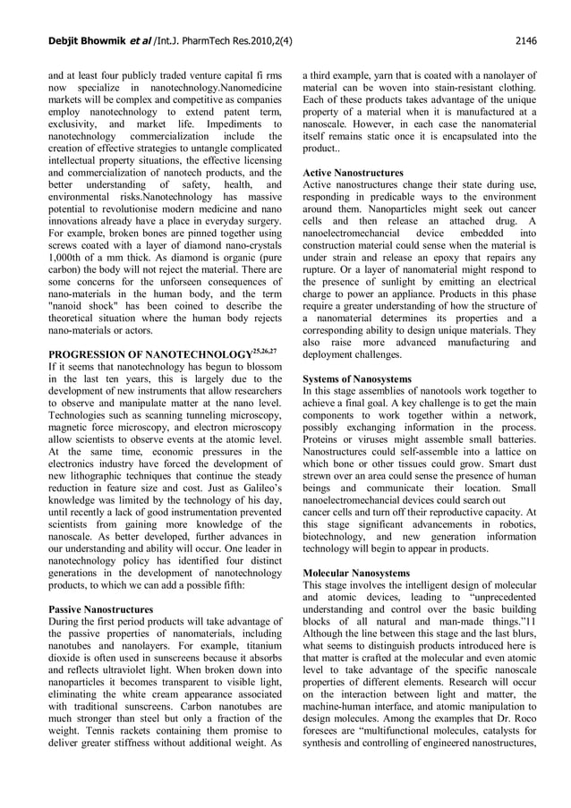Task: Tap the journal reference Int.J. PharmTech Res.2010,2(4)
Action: pos(192,39)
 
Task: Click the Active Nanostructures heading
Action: pos(353,171)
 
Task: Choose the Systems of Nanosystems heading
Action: pos(358,378)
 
